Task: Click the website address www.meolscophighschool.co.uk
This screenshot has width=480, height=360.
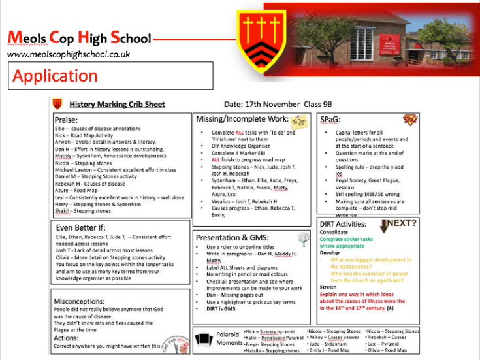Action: (69, 55)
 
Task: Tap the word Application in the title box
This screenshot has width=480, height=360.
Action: (55, 76)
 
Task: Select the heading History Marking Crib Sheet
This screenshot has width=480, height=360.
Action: (117, 104)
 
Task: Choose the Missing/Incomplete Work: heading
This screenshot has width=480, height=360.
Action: (241, 119)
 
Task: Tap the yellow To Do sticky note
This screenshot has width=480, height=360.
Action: (298, 121)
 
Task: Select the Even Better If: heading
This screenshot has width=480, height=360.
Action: (81, 227)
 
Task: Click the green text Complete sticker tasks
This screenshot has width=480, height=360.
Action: (346, 239)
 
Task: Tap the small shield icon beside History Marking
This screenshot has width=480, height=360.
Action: (57, 104)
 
